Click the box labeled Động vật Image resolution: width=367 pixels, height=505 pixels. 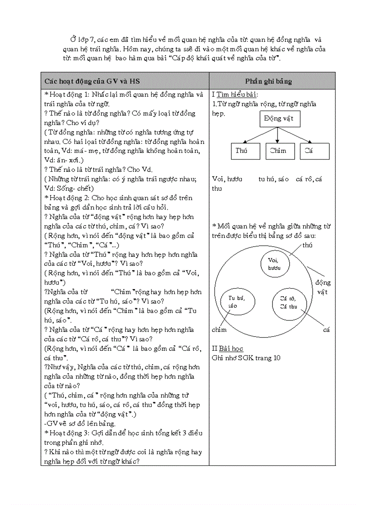[x=279, y=119]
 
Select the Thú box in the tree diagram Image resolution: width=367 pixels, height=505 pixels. [x=245, y=151]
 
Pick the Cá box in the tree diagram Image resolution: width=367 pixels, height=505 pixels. [x=314, y=151]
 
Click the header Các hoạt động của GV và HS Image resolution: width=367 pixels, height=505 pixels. [x=92, y=81]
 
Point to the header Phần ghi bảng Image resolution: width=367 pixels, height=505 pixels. [x=269, y=81]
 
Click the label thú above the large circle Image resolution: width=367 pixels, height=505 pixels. [x=308, y=245]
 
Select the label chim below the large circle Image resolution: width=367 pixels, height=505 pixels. [x=219, y=330]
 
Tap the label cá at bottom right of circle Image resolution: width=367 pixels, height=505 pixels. [x=327, y=330]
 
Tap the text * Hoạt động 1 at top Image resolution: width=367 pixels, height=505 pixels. [x=67, y=94]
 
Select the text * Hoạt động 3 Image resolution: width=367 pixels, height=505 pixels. [x=67, y=433]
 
